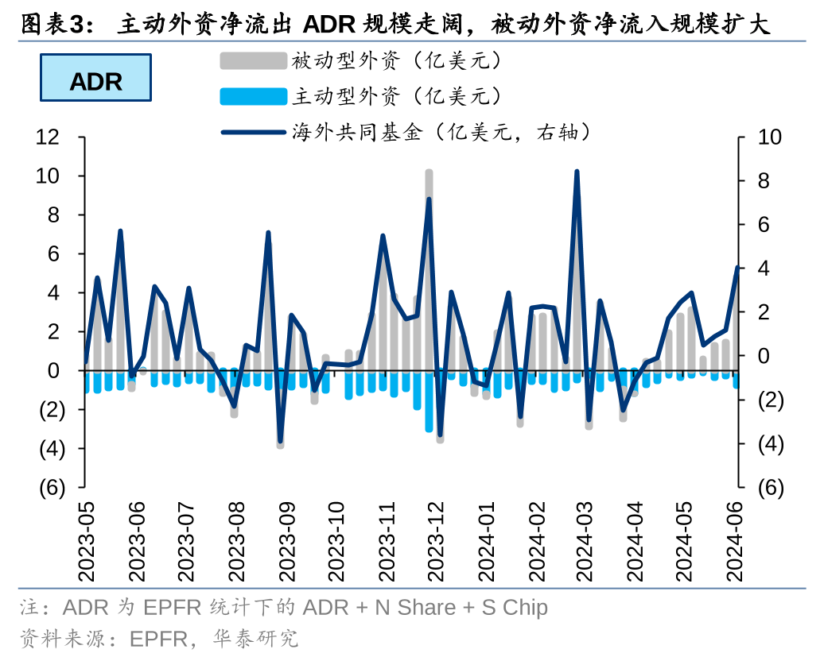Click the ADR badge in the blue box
(95, 78)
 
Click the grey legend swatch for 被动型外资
(253, 60)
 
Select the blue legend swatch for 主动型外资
(253, 97)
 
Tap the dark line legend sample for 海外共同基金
(253, 133)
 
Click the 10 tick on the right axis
(770, 137)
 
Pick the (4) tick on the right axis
(770, 444)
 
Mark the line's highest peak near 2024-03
(577, 172)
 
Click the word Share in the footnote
(426, 608)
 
